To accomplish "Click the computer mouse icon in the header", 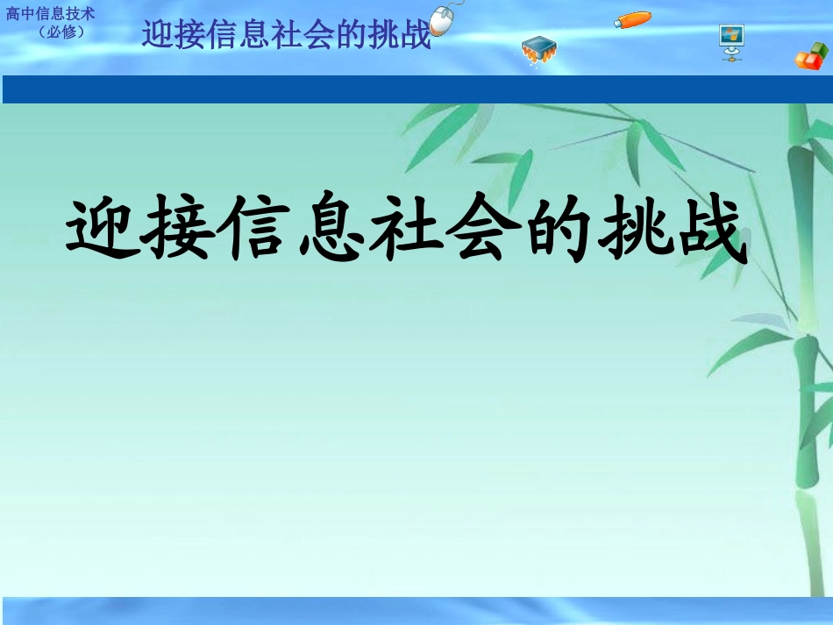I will [445, 18].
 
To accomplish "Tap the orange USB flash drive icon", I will [632, 19].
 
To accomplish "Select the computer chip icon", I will [538, 50].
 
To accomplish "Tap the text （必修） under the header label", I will [61, 32].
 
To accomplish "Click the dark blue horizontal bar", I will [416, 89].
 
